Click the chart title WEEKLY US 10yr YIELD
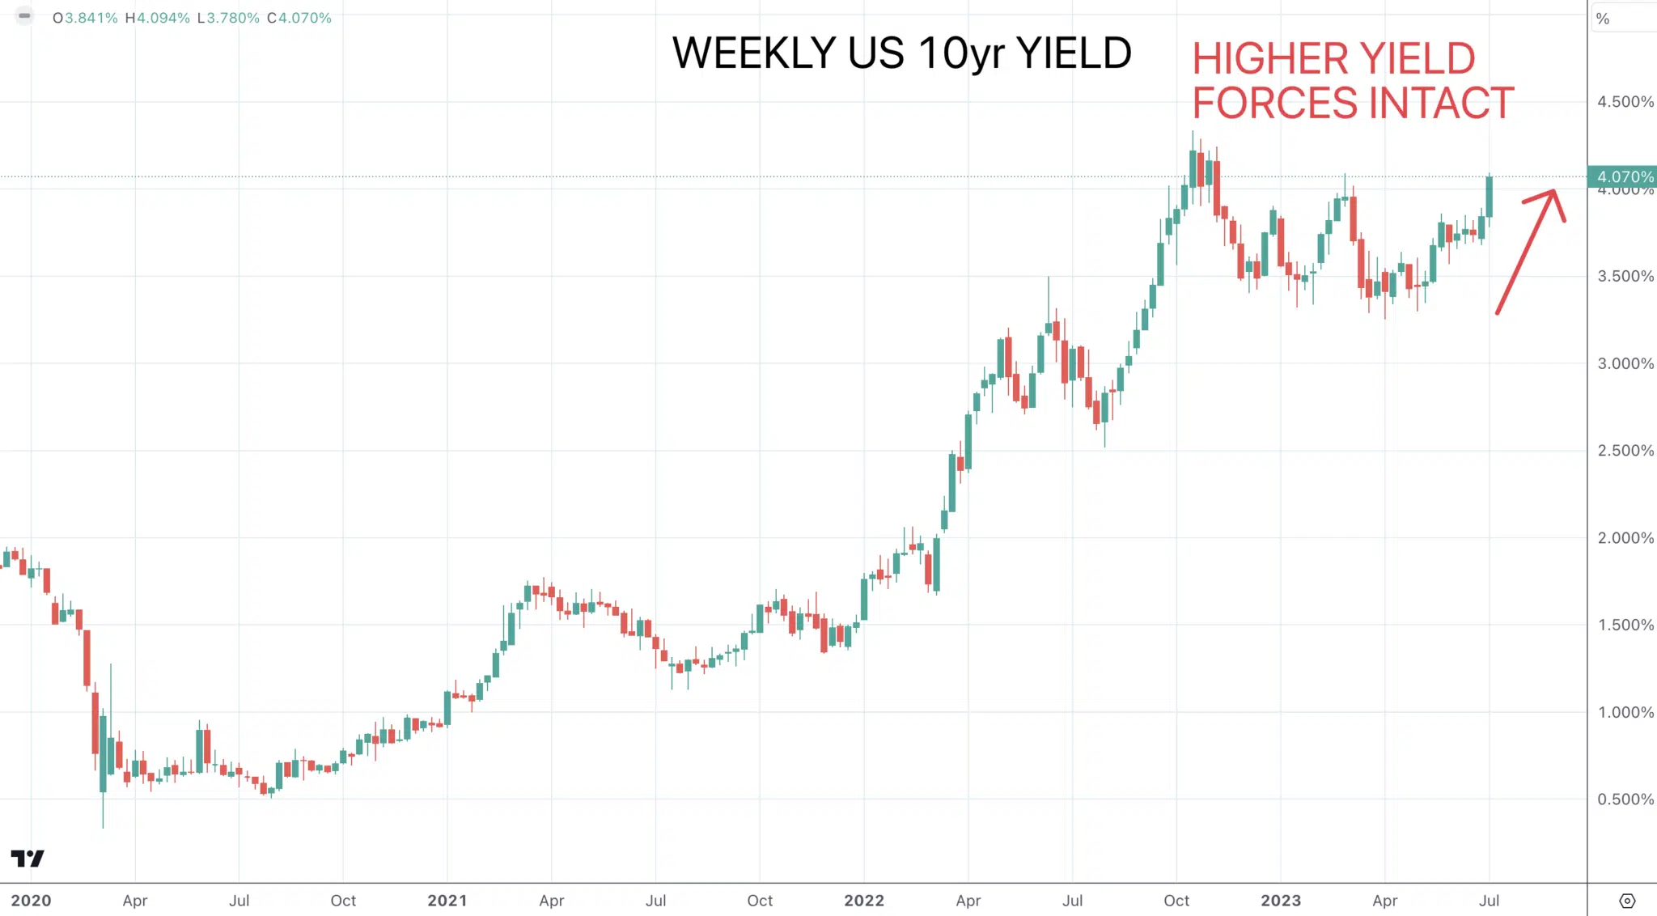coord(901,53)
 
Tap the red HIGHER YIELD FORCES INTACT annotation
coord(1353,81)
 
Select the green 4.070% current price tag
coord(1622,176)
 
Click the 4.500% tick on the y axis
coord(1625,102)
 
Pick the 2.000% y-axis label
coord(1625,538)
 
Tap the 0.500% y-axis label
coord(1625,799)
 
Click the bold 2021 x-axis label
coord(447,901)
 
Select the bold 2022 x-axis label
coord(864,901)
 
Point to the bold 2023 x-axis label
coord(1281,901)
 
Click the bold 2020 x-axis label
coord(31,901)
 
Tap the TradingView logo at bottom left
coord(28,859)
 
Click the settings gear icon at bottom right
coord(1627,901)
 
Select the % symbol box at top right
coord(1603,19)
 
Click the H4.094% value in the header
coord(158,18)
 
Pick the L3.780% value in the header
coord(228,18)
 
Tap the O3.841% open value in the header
coord(85,18)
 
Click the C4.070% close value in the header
coord(299,18)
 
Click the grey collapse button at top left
coord(24,15)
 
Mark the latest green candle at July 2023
coord(1490,197)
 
